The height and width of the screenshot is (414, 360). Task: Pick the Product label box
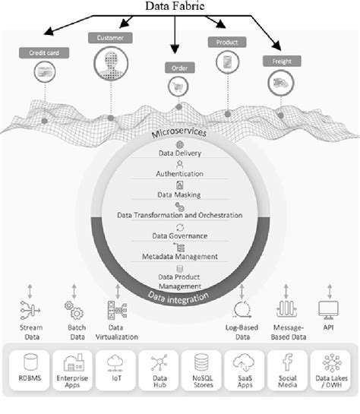226,43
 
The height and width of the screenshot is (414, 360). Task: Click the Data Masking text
179,195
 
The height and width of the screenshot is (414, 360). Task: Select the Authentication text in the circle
179,174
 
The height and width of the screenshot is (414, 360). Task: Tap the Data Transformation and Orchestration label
179,216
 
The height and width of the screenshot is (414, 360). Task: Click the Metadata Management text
179,256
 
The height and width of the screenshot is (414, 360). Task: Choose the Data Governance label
179,236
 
